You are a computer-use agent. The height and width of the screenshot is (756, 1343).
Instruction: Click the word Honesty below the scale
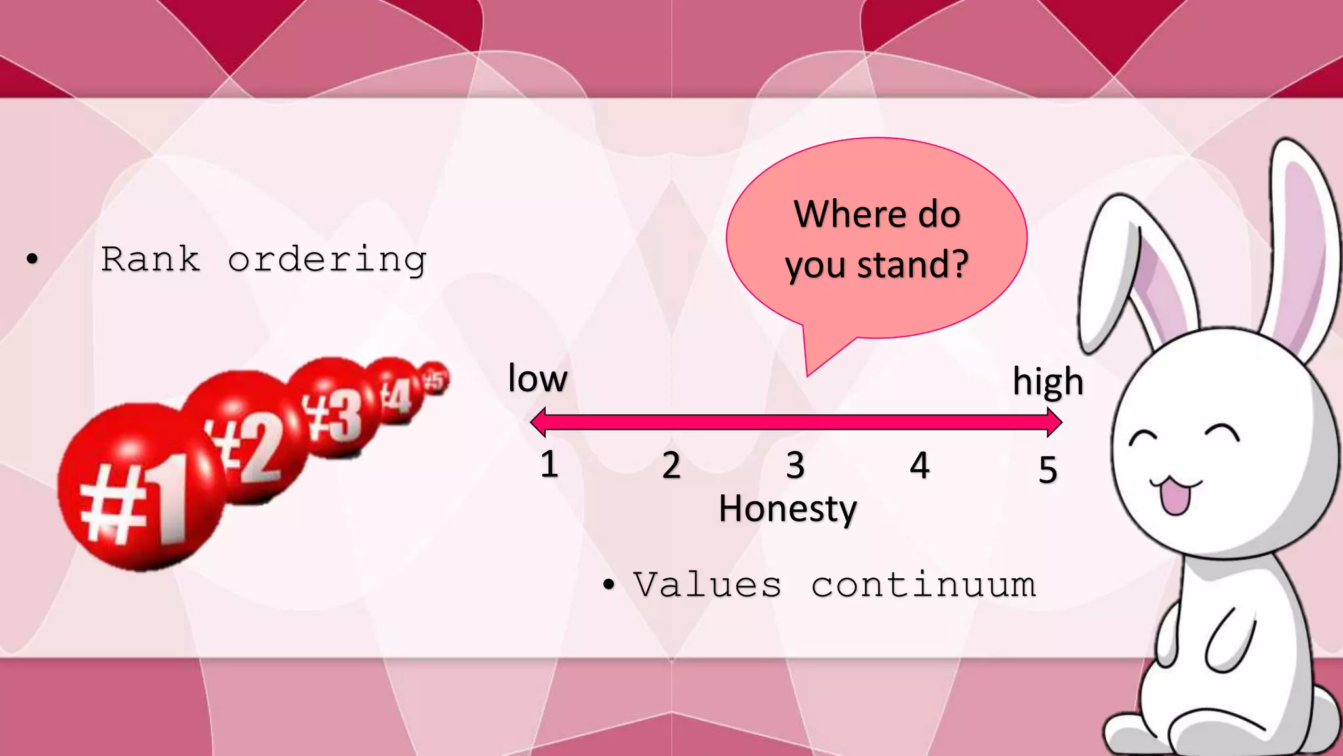click(x=788, y=509)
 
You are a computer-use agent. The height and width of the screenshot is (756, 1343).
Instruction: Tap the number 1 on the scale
click(x=549, y=465)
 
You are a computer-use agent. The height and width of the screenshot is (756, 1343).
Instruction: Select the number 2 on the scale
click(x=671, y=466)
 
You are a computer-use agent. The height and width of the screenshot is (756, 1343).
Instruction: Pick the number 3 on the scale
click(x=795, y=466)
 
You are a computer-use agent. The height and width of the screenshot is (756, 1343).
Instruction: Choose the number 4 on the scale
click(x=919, y=466)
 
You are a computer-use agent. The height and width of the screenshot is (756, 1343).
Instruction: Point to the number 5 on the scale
click(x=1047, y=470)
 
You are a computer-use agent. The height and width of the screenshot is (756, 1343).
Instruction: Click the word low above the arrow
click(x=537, y=379)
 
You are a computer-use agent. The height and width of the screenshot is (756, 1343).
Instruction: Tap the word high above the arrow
click(x=1047, y=382)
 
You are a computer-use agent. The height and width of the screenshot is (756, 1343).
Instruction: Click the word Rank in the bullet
click(x=150, y=259)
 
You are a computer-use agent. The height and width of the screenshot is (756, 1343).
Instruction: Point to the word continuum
click(x=923, y=584)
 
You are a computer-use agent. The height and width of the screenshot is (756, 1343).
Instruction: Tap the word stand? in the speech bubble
click(x=913, y=264)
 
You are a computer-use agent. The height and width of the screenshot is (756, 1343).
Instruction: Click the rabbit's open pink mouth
click(x=1174, y=497)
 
